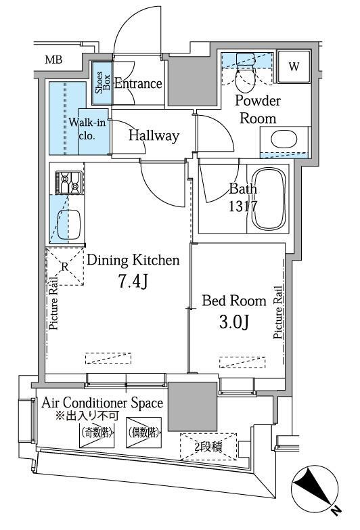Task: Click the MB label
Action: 53,60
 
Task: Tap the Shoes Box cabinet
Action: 102,83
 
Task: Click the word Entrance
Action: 138,83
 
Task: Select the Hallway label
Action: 154,135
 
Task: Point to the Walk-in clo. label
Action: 87,129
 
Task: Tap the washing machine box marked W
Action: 294,66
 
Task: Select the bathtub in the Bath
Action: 269,199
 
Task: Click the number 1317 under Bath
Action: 243,206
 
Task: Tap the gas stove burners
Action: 69,183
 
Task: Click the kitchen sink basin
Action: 68,225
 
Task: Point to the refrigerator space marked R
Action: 64,267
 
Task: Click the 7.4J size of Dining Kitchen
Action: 133,281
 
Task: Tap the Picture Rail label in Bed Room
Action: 278,312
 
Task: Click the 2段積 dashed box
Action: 208,447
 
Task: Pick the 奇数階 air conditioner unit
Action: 97,433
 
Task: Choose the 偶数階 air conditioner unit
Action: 143,433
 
